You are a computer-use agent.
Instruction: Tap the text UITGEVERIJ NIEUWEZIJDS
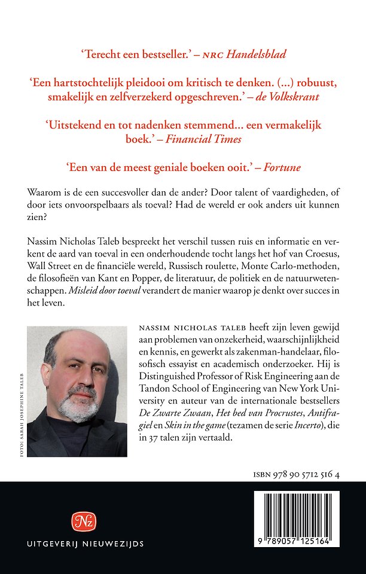click(85, 544)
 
